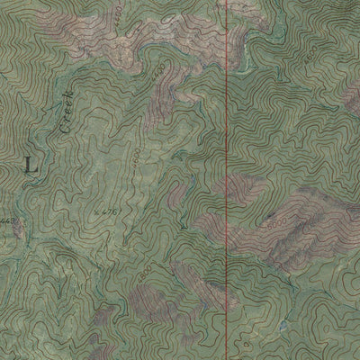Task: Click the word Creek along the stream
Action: [x=66, y=120]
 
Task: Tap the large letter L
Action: [x=34, y=165]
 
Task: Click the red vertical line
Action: [x=225, y=180]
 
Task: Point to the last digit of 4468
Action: [x=15, y=220]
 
